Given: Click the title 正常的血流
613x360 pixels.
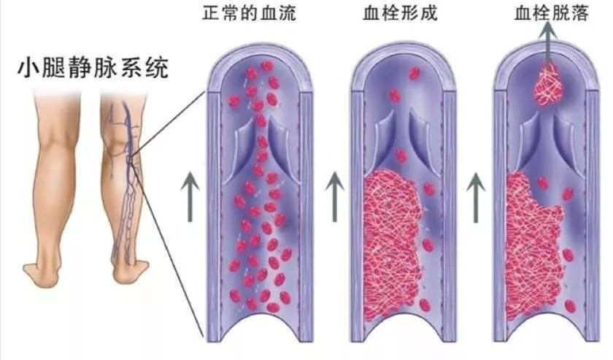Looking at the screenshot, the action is (x=250, y=13).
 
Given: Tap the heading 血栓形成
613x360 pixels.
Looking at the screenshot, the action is (x=400, y=13).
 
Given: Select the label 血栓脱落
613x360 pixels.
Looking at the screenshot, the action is (x=552, y=13).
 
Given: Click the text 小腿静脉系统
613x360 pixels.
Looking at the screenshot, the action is (x=94, y=68).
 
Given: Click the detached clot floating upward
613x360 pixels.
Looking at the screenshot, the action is (x=550, y=85).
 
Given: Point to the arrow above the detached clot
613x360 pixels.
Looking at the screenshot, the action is (x=549, y=43).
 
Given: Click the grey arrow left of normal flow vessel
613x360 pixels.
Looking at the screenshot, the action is (x=190, y=196).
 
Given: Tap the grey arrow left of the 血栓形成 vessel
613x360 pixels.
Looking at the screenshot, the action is (x=335, y=196).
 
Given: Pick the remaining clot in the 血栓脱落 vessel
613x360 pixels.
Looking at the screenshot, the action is (x=532, y=250).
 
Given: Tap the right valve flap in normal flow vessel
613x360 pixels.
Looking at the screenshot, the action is (x=278, y=145).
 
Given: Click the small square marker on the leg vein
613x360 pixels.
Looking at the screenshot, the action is (x=130, y=159).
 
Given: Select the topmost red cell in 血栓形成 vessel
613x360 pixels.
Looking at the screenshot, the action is (x=414, y=73).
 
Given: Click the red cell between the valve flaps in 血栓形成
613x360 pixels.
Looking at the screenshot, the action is (x=401, y=156).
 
